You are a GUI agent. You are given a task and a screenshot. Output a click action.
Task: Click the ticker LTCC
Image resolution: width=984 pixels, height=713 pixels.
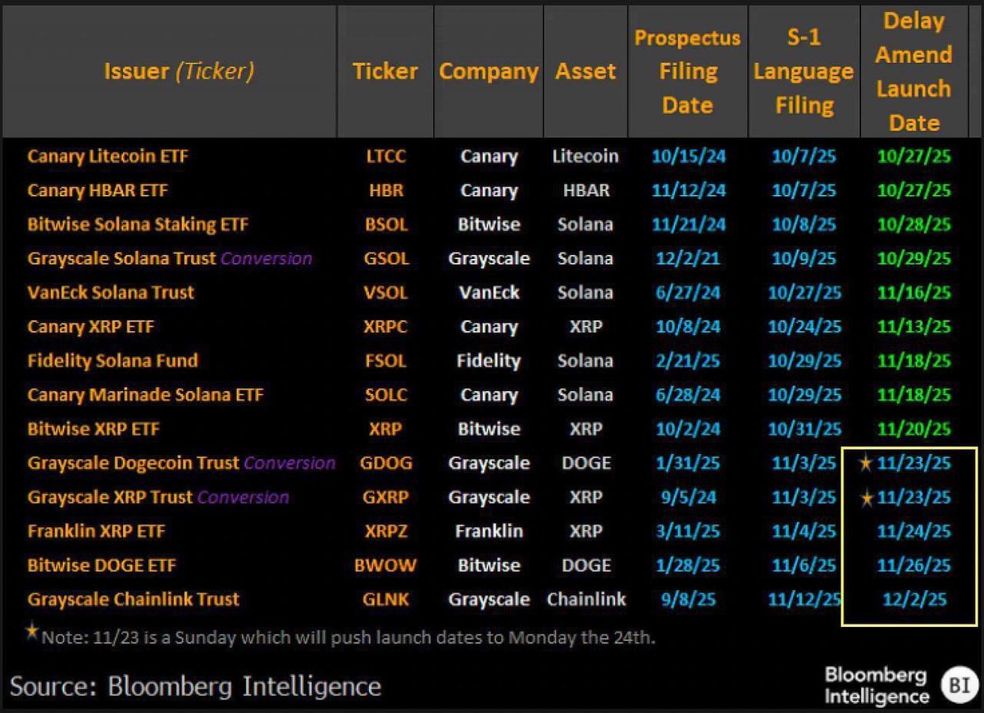point(385,156)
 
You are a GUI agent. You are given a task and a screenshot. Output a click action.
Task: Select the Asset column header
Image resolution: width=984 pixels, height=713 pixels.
point(585,71)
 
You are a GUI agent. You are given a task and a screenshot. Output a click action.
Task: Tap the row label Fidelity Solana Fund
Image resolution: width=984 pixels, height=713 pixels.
point(112,361)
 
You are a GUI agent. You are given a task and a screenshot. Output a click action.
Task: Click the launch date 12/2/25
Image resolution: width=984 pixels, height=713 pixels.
point(914,599)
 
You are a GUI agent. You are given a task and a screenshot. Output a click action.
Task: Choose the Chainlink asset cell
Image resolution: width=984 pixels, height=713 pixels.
point(585,599)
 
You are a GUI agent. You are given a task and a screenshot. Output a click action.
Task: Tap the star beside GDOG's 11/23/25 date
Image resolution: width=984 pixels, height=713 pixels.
point(865,464)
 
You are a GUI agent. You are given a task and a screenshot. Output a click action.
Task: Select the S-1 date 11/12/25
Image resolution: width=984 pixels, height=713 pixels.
point(804,599)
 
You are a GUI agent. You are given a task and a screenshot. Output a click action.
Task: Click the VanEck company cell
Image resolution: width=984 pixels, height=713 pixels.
point(489,293)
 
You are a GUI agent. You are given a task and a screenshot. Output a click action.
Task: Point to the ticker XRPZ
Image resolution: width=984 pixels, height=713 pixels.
point(386,531)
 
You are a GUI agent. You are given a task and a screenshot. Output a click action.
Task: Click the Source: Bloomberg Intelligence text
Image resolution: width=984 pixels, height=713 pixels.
point(195,685)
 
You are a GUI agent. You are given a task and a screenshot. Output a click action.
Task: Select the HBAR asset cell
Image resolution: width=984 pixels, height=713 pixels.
point(585,190)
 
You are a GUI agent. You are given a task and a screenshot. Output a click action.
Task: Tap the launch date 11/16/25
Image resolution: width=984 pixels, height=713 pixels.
point(913,293)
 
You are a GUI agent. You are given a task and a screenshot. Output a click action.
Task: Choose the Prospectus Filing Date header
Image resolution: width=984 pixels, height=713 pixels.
point(687,71)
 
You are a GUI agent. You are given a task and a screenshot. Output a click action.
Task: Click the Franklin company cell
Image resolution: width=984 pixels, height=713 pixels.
point(489,531)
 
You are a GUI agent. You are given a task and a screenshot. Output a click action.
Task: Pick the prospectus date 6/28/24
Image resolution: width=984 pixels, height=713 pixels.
point(687,395)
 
